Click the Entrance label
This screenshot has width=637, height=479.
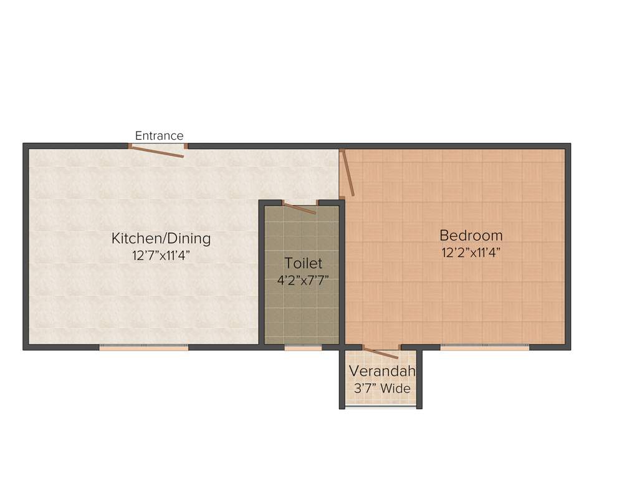[160, 136]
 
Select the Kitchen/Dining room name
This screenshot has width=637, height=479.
[161, 238]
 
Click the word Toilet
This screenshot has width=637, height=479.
[304, 263]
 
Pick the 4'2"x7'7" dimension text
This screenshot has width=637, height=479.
[303, 280]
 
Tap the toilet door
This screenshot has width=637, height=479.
[300, 208]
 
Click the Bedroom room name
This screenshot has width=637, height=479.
[471, 236]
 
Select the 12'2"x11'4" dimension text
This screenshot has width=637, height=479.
[471, 252]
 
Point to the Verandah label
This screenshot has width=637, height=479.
[381, 372]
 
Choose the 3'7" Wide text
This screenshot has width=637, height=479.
[382, 389]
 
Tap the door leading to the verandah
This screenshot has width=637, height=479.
[381, 353]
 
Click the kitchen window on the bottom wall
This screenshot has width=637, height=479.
[144, 348]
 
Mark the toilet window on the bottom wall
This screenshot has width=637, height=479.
[303, 348]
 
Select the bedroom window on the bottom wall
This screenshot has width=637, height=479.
[484, 348]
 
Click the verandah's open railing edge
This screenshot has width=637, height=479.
[381, 407]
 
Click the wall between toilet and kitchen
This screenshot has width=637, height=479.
[262, 274]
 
